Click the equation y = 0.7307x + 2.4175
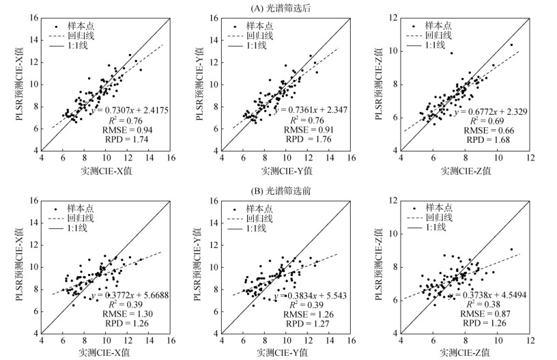pos(130,108)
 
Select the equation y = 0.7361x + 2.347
pos(311,108)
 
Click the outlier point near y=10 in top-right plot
pos(451,53)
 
